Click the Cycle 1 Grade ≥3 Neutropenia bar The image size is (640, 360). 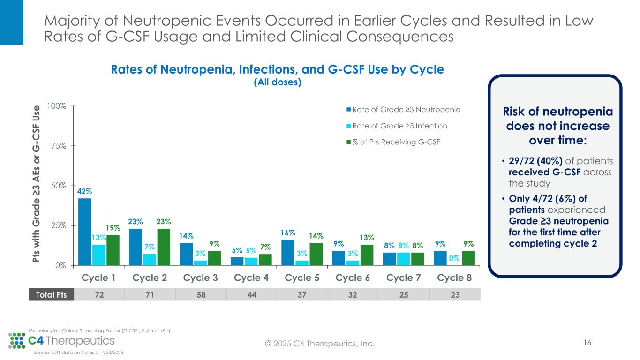tap(85, 232)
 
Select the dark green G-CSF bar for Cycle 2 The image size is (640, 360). tap(164, 247)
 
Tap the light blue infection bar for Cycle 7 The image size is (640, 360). tap(404, 259)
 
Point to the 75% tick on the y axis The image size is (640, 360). tap(59, 146)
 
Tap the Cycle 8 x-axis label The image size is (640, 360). tap(454, 277)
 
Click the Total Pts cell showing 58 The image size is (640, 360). tap(201, 294)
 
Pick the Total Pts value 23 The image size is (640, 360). tap(454, 294)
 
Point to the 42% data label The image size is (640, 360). tap(84, 191)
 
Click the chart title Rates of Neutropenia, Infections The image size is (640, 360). tap(277, 70)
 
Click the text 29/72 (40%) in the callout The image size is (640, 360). tap(532, 161)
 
